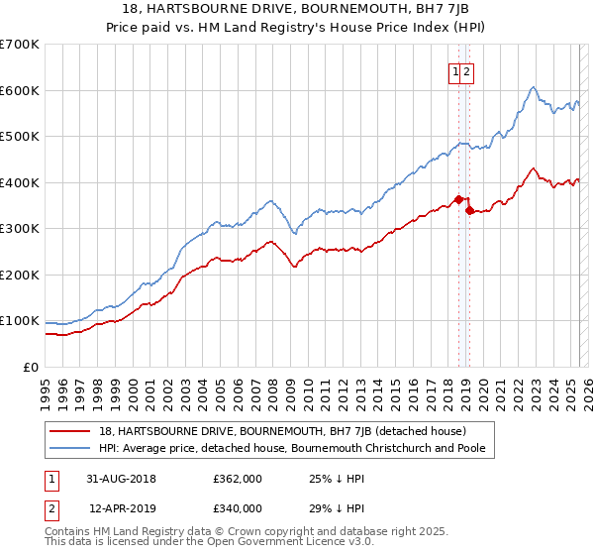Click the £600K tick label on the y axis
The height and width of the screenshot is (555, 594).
point(19,90)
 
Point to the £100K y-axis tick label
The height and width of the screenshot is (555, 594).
point(19,321)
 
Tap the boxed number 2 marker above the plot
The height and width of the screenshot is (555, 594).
point(466,71)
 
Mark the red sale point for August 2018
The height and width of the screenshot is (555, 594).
point(458,199)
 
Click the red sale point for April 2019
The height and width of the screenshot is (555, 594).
point(469,210)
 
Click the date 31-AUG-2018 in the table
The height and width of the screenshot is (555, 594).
point(121,479)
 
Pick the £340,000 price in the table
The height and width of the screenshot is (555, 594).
point(238,508)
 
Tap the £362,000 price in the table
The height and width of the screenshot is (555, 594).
point(238,479)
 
